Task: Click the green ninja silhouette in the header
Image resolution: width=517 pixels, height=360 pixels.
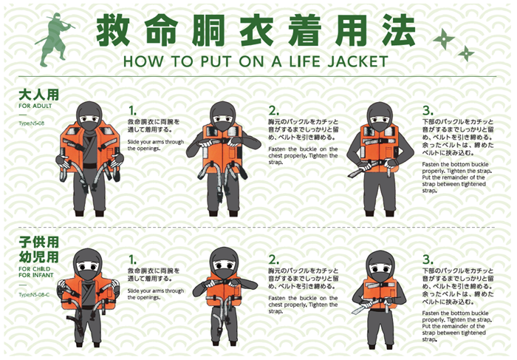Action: pyautogui.click(x=55, y=39)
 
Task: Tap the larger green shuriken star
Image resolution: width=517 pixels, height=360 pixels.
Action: pyautogui.click(x=444, y=39)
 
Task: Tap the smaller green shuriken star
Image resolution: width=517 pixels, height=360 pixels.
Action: pyautogui.click(x=466, y=53)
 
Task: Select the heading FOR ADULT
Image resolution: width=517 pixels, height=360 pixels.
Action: pyautogui.click(x=35, y=106)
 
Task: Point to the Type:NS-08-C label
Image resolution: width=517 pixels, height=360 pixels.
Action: pyautogui.click(x=34, y=295)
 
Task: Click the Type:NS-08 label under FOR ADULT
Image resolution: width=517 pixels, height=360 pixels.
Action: pyautogui.click(x=31, y=123)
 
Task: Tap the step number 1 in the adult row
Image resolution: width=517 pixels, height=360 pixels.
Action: pyautogui.click(x=132, y=111)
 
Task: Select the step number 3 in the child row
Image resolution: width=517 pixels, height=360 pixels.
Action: pyautogui.click(x=428, y=259)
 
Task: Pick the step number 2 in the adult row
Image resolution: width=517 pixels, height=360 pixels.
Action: pyautogui.click(x=273, y=111)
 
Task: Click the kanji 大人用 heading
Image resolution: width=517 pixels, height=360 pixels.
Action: pyautogui.click(x=38, y=95)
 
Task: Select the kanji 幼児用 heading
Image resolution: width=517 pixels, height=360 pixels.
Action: pyautogui.click(x=38, y=257)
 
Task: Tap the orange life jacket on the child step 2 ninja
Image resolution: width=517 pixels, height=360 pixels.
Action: pyautogui.click(x=224, y=290)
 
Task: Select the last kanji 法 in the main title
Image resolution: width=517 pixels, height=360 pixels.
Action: pyautogui.click(x=399, y=30)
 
